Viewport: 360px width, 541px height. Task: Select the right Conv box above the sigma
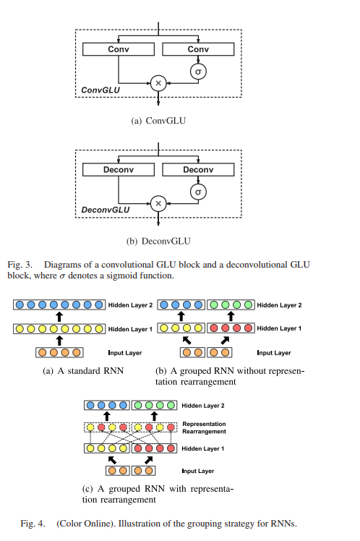pyautogui.click(x=198, y=49)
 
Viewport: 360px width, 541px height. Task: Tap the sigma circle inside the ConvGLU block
pyautogui.click(x=198, y=72)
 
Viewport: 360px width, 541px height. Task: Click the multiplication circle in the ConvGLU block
pyautogui.click(x=158, y=83)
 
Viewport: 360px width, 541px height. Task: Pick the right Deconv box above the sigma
pyautogui.click(x=198, y=169)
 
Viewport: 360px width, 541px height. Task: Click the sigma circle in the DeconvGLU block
pyautogui.click(x=198, y=192)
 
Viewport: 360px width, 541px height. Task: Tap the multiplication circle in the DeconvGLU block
pyautogui.click(x=158, y=204)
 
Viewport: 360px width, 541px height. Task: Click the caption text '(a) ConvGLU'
pyautogui.click(x=158, y=121)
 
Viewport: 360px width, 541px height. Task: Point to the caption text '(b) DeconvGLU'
pyautogui.click(x=158, y=241)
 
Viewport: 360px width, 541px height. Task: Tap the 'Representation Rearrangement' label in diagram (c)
pyautogui.click(x=204, y=427)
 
